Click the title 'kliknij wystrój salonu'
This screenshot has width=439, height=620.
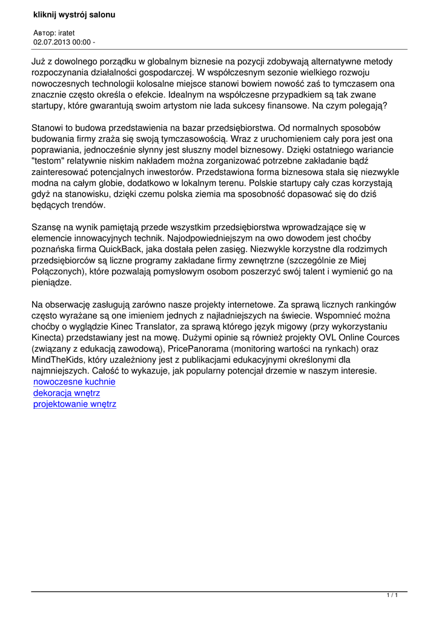(74, 14)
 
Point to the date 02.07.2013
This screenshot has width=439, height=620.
(51, 42)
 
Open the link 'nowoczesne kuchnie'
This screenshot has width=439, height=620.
(74, 382)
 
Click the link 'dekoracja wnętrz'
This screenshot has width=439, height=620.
(67, 393)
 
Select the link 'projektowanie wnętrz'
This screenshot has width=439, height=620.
(74, 404)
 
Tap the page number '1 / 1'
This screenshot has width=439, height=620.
(392, 596)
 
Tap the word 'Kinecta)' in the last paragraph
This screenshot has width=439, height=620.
(50, 338)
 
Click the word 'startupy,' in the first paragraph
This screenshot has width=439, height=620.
(51, 105)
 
